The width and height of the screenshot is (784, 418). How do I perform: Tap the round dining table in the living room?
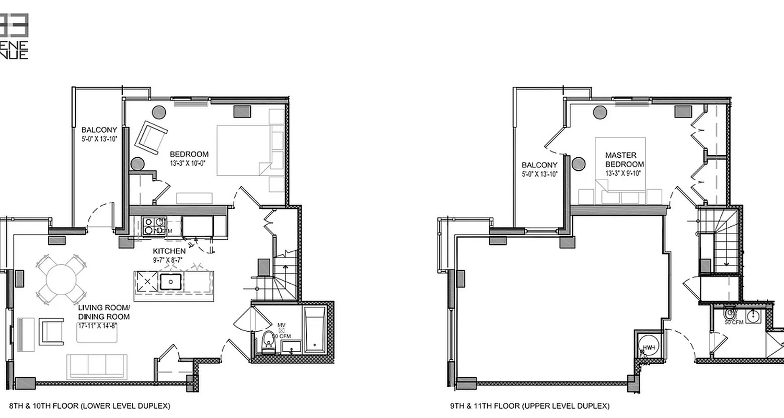tap(62, 280)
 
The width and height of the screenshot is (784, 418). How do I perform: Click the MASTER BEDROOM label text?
tap(620, 159)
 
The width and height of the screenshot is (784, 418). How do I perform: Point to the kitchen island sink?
tap(170, 281)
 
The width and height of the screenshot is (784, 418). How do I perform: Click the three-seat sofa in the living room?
tap(97, 365)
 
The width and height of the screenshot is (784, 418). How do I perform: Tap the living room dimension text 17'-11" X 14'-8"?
tap(97, 325)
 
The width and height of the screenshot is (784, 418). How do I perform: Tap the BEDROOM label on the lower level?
tap(189, 154)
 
